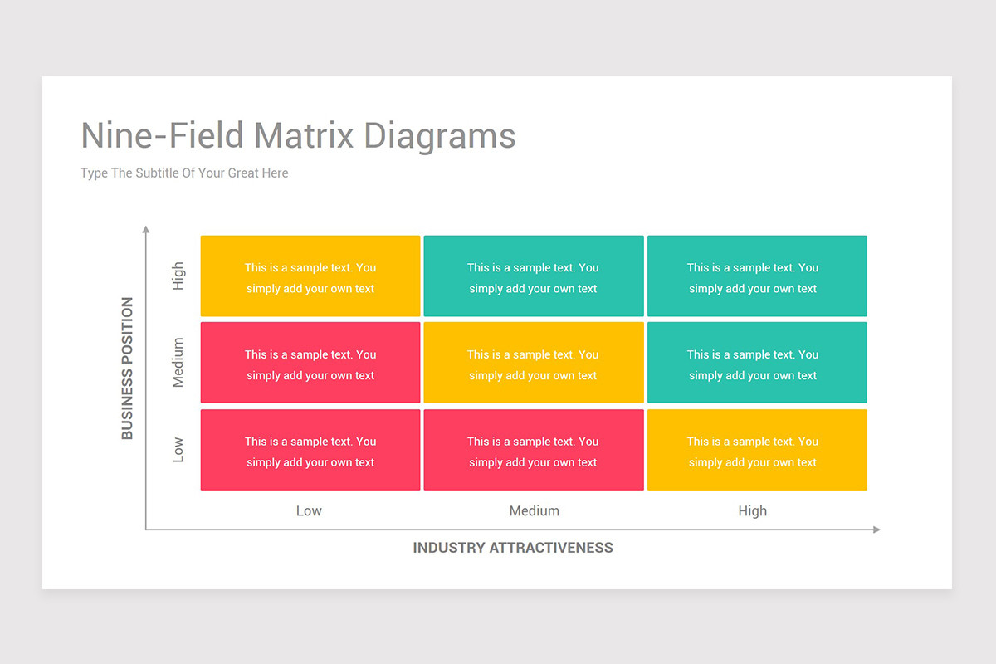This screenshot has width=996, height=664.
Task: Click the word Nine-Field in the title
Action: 163,135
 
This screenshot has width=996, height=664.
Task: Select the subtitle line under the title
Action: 184,173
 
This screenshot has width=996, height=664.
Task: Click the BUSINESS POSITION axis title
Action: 127,368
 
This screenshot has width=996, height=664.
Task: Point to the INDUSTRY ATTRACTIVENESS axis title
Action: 513,548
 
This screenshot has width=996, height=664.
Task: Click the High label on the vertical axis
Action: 178,276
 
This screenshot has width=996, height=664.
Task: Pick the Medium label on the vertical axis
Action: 178,363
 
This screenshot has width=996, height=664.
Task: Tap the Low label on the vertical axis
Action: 178,450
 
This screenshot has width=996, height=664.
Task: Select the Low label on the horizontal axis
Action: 309,511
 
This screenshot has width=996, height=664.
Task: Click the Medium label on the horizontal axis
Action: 534,511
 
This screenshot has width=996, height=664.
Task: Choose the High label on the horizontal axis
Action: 753,511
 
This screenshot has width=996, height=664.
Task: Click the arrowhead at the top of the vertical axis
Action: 146,229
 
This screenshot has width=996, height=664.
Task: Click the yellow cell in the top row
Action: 310,276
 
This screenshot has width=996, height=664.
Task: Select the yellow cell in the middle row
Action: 534,363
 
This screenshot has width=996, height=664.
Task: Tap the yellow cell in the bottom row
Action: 757,450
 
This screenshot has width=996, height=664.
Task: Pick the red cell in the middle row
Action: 310,363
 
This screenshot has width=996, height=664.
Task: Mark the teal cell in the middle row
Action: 757,363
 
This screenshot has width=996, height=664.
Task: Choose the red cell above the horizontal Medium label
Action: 534,450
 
